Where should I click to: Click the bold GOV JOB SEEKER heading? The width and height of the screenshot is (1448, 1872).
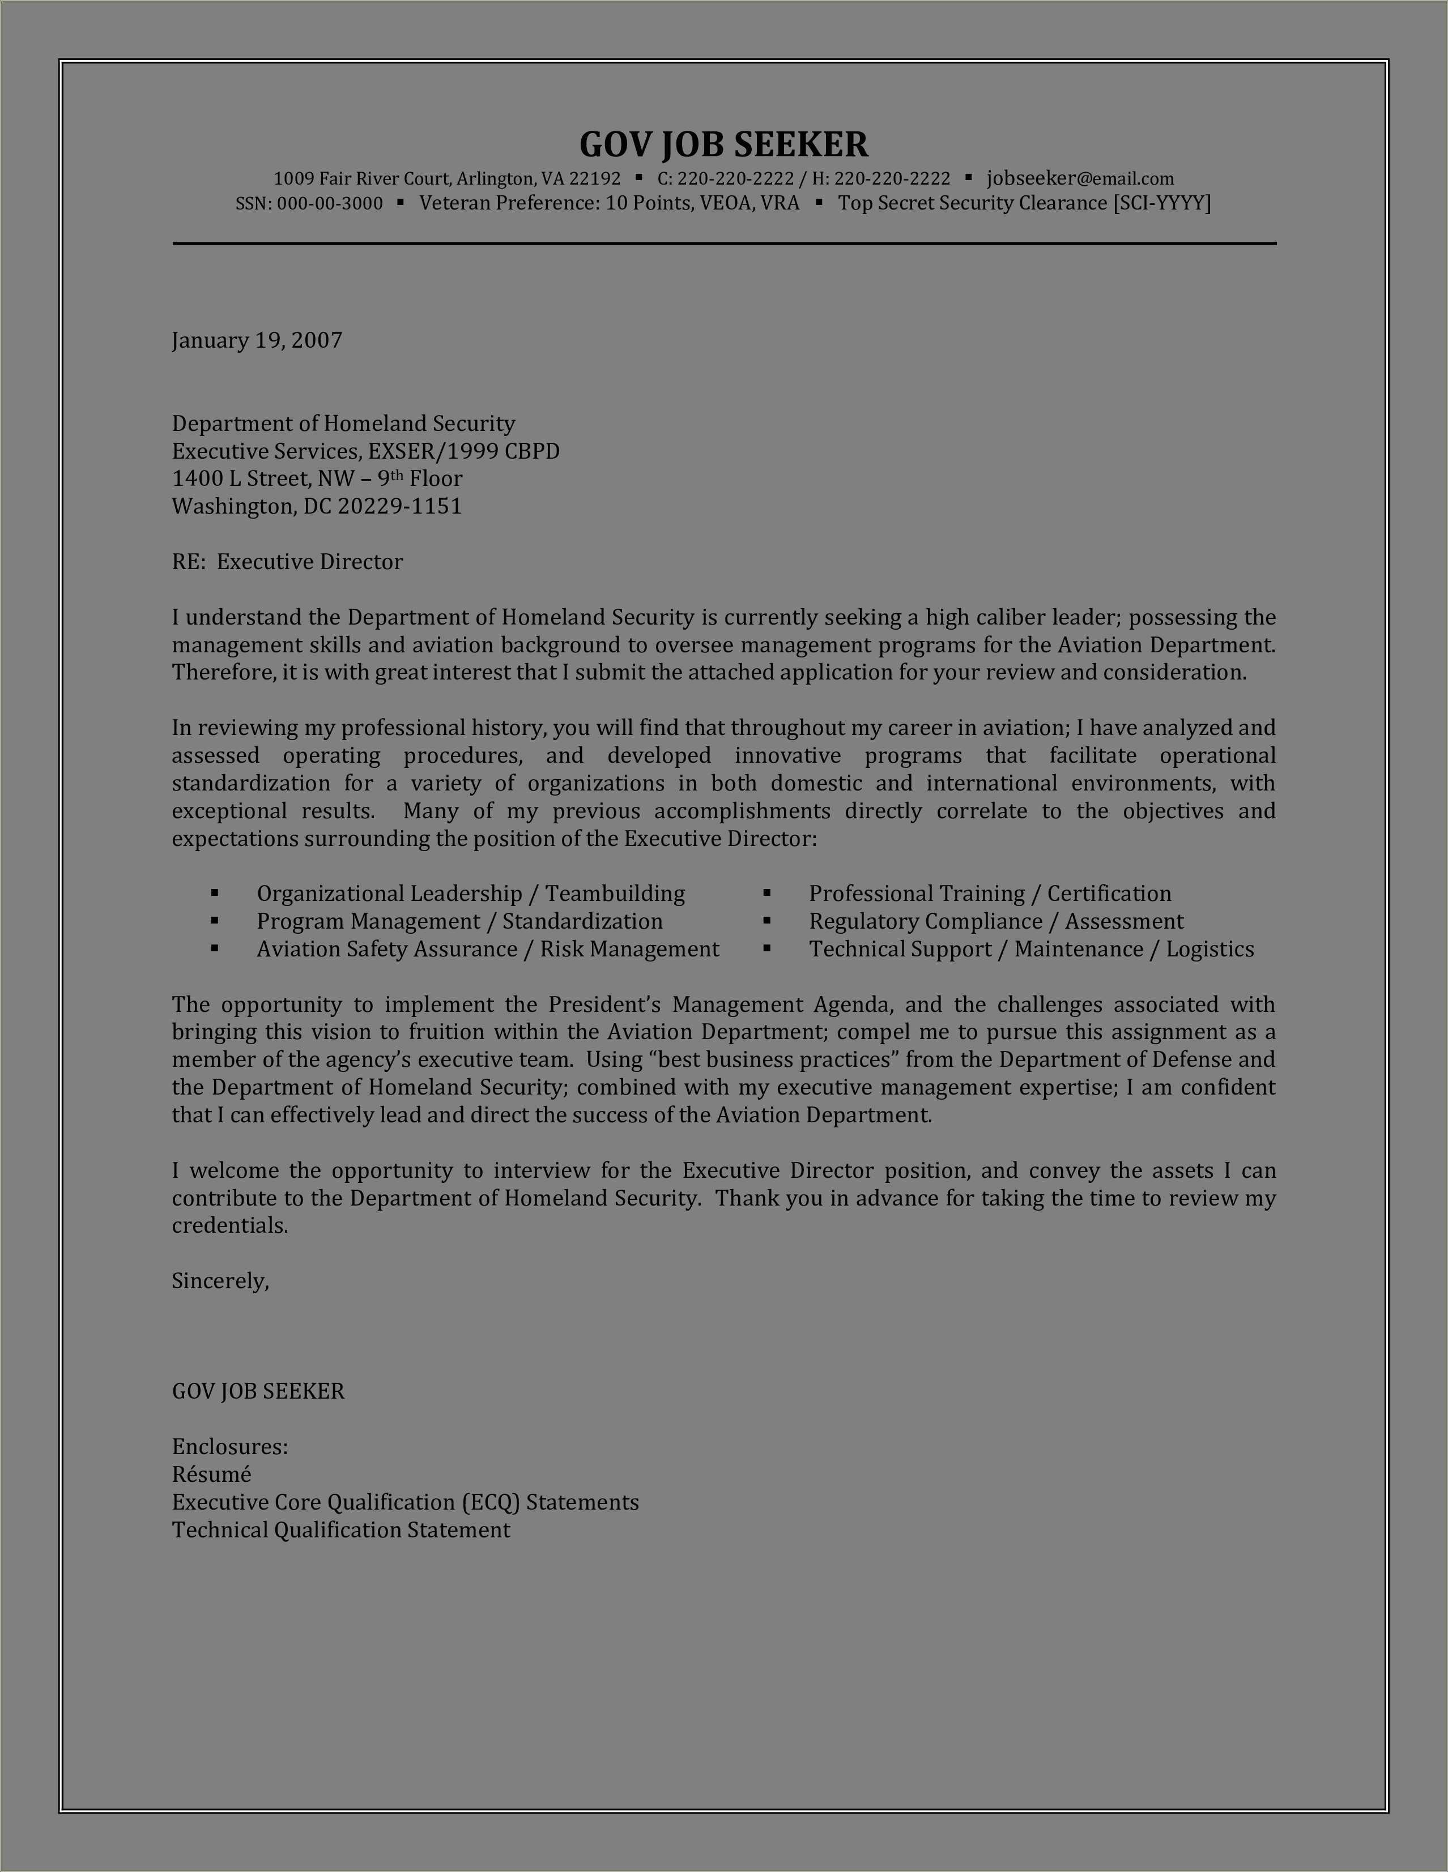(723, 144)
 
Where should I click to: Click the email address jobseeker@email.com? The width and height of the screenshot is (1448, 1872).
(1080, 178)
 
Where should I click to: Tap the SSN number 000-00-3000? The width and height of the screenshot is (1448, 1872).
(330, 203)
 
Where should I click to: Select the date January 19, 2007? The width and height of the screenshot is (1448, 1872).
(257, 340)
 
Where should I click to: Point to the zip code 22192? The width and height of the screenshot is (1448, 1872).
(594, 178)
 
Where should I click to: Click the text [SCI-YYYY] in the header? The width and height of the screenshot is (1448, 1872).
(1162, 203)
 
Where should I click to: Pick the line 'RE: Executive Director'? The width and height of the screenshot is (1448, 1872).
(287, 561)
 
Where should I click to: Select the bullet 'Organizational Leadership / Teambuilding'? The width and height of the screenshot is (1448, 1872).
(471, 893)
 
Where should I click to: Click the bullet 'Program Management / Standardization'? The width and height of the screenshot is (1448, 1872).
(459, 921)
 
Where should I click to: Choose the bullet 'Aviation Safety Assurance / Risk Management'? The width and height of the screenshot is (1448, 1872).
(488, 949)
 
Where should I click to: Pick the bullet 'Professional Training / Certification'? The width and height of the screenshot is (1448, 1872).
(990, 893)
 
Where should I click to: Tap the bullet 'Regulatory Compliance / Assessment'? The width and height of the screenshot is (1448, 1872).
(996, 921)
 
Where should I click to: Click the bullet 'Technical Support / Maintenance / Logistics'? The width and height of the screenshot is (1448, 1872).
(1032, 949)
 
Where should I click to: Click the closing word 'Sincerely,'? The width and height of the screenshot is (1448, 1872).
(220, 1281)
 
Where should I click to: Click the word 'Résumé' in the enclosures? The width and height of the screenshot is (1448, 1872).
(212, 1474)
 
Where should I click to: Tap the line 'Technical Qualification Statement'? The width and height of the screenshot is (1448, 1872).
(341, 1530)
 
